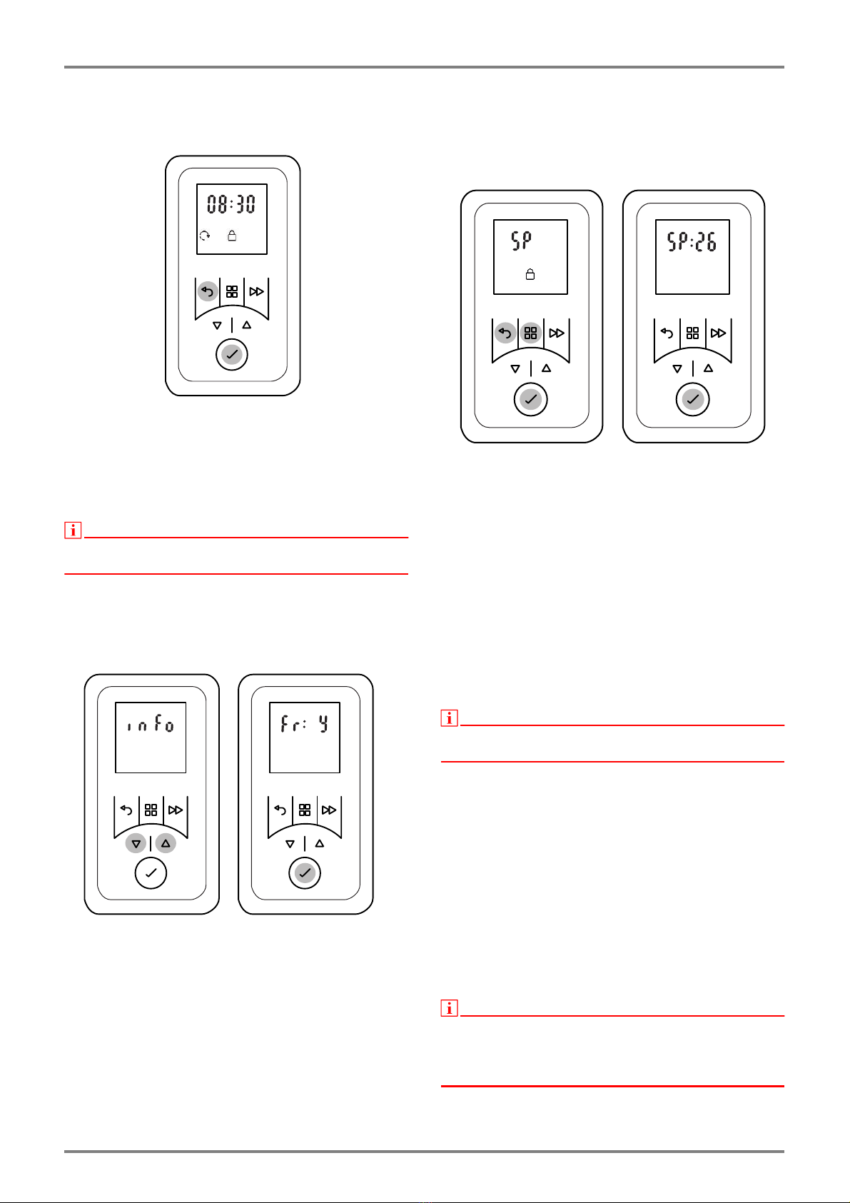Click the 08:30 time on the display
coord(231,205)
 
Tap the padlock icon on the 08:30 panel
coord(232,236)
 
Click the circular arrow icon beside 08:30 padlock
coord(205,236)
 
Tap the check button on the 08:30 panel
coord(232,354)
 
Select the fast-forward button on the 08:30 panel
coord(256,292)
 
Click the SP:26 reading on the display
coord(692,243)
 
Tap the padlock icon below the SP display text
coord(530,274)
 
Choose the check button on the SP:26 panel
coord(692,400)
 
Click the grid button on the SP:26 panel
coord(692,333)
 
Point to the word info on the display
coord(151,726)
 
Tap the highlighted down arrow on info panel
coord(136,844)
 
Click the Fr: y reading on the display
coord(305,726)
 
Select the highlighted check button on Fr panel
coord(305,873)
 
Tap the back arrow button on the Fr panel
coord(280,810)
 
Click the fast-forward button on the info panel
coord(176,810)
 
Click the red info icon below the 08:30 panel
coord(73,530)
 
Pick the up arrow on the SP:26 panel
coord(709,368)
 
